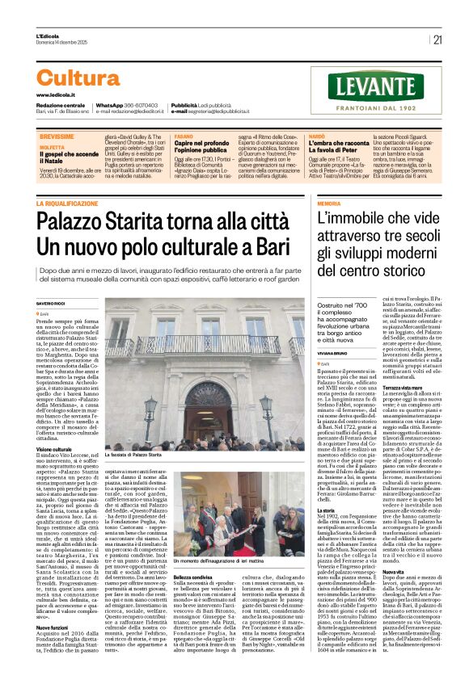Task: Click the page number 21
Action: pyautogui.click(x=437, y=40)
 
